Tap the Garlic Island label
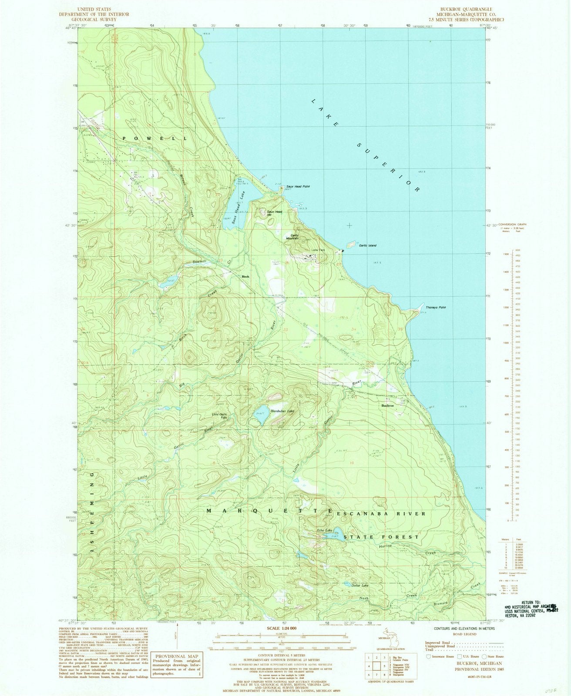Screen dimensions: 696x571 367,245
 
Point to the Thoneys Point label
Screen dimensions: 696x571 437,308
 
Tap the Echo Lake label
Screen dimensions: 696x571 324,530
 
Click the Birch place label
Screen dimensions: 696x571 245,276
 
